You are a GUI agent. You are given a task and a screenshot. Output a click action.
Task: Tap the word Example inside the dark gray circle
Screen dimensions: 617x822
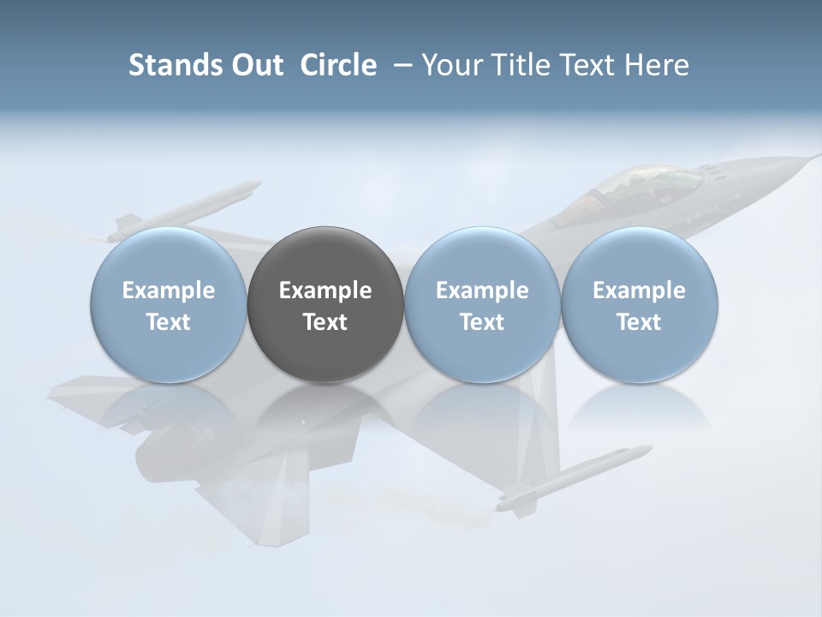click(x=325, y=291)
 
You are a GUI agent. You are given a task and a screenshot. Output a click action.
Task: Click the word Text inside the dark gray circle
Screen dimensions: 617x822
click(x=325, y=322)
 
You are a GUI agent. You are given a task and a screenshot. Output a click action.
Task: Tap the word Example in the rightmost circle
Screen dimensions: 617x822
click(x=640, y=291)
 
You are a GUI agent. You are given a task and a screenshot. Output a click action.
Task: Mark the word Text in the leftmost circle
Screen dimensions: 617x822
click(x=169, y=322)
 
